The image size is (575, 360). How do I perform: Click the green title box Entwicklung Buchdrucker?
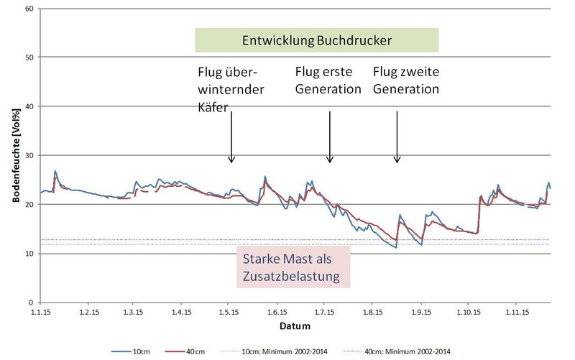point(316,40)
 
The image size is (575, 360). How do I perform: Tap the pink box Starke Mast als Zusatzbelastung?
point(293,267)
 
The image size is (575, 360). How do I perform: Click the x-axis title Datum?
point(295,326)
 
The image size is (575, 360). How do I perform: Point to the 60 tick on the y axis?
point(29,9)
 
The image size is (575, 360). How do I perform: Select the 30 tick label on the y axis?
point(29,155)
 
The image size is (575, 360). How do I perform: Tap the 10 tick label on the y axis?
point(29,254)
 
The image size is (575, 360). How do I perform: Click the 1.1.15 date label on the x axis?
point(41,313)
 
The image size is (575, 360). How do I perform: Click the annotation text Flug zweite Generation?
point(406,81)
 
